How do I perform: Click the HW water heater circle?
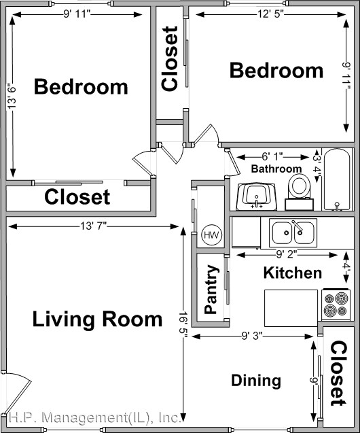212,235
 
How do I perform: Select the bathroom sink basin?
257,196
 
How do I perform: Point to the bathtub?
337,179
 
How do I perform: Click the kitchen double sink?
293,232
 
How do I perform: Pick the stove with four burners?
336,305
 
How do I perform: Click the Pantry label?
211,290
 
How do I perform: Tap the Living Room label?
97,319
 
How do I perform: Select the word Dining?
256,381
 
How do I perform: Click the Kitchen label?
293,273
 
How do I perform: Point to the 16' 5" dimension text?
183,324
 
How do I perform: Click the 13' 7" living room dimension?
93,226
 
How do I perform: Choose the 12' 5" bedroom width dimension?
270,14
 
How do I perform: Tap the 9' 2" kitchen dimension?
287,254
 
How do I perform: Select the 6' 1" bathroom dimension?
272,157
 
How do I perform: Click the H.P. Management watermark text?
95,418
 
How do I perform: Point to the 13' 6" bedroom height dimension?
12,96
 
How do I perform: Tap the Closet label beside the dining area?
338,373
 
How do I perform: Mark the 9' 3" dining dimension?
252,336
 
